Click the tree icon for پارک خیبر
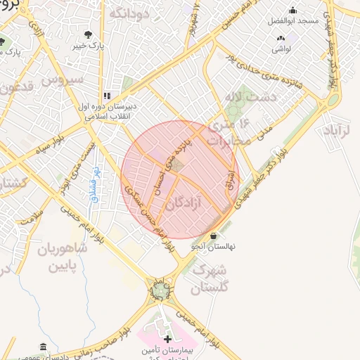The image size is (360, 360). pyautogui.click(x=87, y=34)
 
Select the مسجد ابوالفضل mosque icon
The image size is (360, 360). pyautogui.click(x=293, y=11)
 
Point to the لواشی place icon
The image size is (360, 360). pyautogui.click(x=281, y=39)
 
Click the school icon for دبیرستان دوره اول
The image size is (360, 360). pyautogui.click(x=107, y=96)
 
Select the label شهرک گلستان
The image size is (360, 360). pyautogui.click(x=210, y=278)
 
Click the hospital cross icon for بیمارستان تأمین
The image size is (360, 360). pyautogui.click(x=167, y=340)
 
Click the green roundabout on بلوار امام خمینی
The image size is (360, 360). pyautogui.click(x=161, y=289)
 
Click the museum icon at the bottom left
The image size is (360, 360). pyautogui.click(x=44, y=347)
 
